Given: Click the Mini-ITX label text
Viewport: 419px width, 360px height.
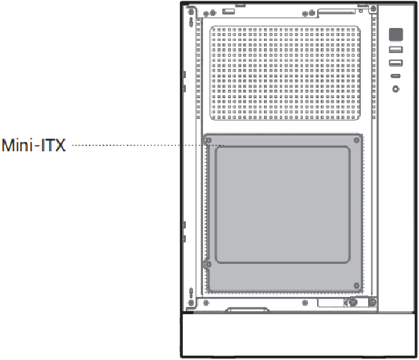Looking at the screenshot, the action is (x=34, y=146).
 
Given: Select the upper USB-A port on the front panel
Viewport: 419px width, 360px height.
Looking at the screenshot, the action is (x=396, y=49).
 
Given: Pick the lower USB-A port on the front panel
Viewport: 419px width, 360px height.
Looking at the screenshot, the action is (x=396, y=63).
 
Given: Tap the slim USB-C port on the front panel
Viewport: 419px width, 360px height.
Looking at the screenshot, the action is (x=396, y=76).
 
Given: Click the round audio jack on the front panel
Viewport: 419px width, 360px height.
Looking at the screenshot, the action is (x=396, y=89).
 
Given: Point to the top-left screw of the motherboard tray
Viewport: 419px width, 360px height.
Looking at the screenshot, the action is (x=208, y=141).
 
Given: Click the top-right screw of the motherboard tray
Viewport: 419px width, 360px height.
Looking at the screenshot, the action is (x=357, y=141).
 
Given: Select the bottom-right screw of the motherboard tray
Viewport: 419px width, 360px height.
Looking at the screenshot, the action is (x=357, y=285).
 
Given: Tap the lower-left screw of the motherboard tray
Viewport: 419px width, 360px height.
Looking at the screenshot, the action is (x=208, y=265).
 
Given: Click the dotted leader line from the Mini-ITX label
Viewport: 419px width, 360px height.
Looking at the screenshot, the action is (x=148, y=146).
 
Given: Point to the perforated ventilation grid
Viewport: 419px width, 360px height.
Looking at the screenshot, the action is (x=285, y=73).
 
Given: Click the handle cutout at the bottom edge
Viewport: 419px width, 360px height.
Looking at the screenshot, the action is (x=248, y=310).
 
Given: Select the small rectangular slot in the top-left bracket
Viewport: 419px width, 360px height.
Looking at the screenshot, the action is (x=228, y=11).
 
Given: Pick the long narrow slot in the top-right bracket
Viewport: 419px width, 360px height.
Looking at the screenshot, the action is (x=336, y=11).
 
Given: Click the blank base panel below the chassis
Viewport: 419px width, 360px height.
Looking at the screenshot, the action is (x=298, y=335).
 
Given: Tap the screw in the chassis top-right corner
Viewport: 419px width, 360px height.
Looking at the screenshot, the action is (x=373, y=9).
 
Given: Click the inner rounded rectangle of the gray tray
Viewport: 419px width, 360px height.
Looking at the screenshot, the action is (x=283, y=205).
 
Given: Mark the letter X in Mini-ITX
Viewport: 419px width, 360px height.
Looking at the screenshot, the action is (x=60, y=146).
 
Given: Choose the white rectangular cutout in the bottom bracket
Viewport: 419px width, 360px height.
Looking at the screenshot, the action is (x=331, y=303).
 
